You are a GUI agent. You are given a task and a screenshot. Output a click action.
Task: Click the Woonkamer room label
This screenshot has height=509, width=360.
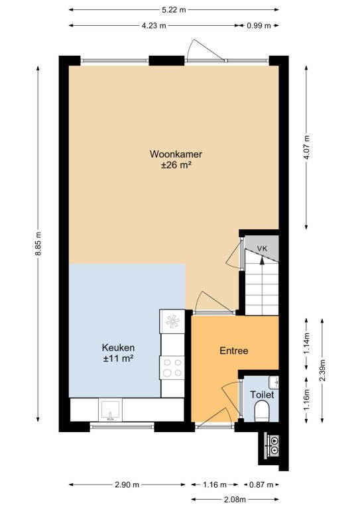click(176, 154)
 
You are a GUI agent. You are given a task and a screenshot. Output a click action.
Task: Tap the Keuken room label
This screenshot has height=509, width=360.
click(118, 348)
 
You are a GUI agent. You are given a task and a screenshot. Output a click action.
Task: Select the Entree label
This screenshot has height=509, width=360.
click(234, 351)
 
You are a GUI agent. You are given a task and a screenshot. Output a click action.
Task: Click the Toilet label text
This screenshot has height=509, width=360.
click(262, 395)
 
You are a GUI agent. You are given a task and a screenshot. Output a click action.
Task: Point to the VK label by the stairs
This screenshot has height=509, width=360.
click(262, 249)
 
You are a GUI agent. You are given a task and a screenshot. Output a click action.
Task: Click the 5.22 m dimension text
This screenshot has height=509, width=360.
click(174, 10)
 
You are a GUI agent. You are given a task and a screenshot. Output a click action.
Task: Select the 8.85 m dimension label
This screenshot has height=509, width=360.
click(38, 243)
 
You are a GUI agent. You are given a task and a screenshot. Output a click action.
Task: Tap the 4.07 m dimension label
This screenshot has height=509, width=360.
click(306, 147)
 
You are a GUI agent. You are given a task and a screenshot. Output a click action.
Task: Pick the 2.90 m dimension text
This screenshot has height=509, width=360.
click(127, 485)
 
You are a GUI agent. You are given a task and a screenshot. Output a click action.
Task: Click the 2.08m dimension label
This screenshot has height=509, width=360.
click(234, 499)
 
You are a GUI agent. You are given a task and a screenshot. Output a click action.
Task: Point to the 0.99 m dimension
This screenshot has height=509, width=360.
click(259, 26)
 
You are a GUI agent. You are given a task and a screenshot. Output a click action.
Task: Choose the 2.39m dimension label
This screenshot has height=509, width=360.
click(322, 370)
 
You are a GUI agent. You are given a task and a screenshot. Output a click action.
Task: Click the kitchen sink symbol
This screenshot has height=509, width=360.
click(110, 410)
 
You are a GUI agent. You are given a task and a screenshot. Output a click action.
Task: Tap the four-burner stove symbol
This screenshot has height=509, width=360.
click(172, 368)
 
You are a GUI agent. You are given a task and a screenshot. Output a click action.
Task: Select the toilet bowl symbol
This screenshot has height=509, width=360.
click(262, 412)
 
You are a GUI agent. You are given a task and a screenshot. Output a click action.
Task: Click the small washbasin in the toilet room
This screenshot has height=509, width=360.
click(274, 382)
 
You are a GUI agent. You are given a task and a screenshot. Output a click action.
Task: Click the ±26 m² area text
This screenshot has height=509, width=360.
click(176, 165)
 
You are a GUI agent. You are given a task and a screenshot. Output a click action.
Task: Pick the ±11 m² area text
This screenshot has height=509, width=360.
click(118, 359)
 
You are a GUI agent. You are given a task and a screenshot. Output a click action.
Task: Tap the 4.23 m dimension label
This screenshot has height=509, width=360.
click(154, 26)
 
